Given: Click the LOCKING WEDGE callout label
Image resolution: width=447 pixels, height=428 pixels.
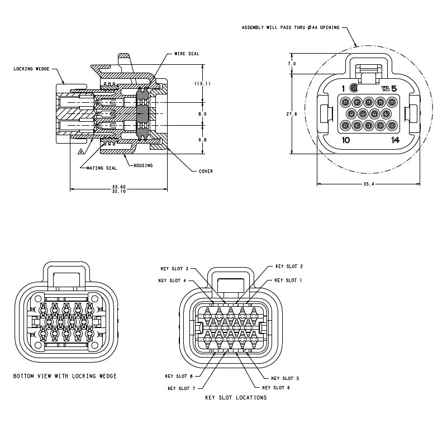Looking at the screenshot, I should pos(32,69).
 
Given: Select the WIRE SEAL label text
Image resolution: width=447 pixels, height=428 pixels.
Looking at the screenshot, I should pos(187,54).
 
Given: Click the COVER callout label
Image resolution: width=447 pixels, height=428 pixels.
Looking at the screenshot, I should pos(206,172).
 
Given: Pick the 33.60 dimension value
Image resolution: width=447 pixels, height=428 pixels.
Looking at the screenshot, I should pos(118,187).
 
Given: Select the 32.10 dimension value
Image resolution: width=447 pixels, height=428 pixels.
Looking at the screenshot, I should pos(118,192).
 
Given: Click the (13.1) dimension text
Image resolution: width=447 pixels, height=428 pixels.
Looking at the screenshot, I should pos(202,83).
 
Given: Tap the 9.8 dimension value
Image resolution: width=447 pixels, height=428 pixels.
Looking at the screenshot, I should pos(202,140).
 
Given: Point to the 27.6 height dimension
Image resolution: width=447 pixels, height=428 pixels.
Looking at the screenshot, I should pos(292,113).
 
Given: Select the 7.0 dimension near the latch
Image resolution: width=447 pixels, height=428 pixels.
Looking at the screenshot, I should pos(292,64).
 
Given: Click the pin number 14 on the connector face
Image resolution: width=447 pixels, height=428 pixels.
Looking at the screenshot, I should pos(396,140).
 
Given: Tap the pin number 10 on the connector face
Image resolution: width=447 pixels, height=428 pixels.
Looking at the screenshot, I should pos(346,140).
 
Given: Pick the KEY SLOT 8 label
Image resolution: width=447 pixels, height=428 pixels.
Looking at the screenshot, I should pos(179,376).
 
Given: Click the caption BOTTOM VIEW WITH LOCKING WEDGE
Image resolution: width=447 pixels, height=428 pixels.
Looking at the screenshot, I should pos(65,376).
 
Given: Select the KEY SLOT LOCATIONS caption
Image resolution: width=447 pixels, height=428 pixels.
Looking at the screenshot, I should pos(236,398).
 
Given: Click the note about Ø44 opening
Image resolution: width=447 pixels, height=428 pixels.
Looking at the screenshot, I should pos(290,27).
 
